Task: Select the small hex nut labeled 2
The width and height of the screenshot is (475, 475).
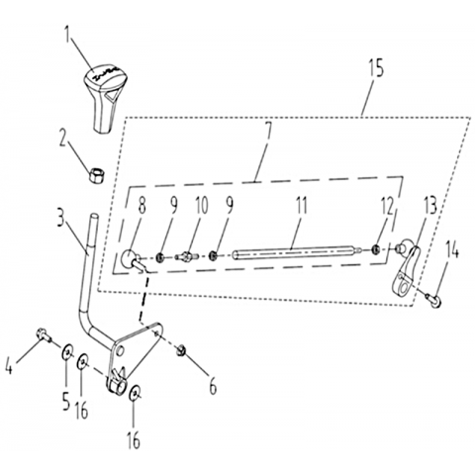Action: tap(97, 174)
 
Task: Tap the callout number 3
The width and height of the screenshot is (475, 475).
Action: tap(59, 220)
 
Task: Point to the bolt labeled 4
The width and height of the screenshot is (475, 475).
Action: tap(44, 334)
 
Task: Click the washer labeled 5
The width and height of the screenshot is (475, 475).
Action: tap(68, 353)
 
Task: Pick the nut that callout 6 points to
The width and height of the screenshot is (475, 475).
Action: tap(181, 350)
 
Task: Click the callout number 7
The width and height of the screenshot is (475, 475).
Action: tap(268, 135)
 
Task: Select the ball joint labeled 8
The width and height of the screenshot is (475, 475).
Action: tap(133, 259)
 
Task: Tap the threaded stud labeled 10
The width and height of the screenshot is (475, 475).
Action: tap(186, 255)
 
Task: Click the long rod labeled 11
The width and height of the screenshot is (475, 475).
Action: tap(296, 253)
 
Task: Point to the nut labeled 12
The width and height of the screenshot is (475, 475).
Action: tap(375, 249)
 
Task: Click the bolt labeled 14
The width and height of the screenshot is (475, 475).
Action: tap(434, 300)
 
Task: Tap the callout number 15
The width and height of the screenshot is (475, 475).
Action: tap(376, 69)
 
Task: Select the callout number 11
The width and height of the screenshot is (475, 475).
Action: tap(301, 205)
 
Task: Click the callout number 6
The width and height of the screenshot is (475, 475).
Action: tap(213, 386)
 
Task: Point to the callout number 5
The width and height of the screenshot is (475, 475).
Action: tap(66, 402)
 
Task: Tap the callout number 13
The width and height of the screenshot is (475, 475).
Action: tap(429, 205)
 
